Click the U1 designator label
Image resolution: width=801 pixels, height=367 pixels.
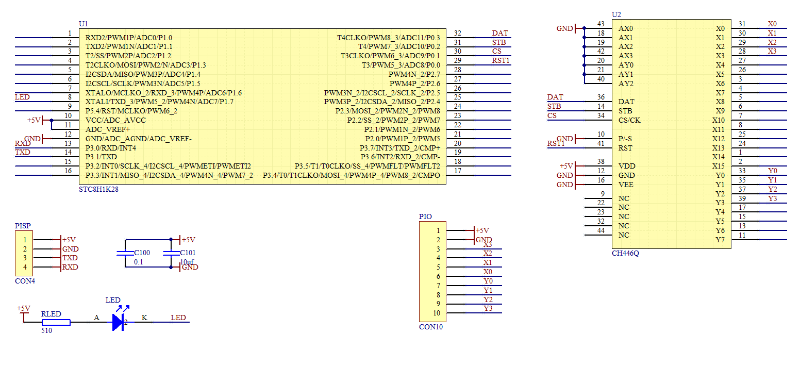pyautogui.click(x=84, y=24)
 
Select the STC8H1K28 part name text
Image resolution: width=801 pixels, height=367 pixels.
pyautogui.click(x=98, y=189)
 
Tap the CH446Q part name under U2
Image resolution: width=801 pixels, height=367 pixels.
pyautogui.click(x=625, y=253)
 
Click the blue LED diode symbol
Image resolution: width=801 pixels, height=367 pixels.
pyautogui.click(x=119, y=322)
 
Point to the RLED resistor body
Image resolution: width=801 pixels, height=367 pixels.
pyautogui.click(x=56, y=322)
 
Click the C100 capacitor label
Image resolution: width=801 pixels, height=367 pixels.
pyautogui.click(x=142, y=253)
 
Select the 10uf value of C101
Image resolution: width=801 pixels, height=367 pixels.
pyautogui.click(x=187, y=262)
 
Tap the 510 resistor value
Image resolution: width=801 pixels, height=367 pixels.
pyautogui.click(x=46, y=330)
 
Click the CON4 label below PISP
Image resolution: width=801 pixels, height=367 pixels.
pyautogui.click(x=25, y=281)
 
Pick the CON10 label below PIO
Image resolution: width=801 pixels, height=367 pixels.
pyautogui.click(x=431, y=327)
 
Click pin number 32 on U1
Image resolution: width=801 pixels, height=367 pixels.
pyautogui.click(x=458, y=34)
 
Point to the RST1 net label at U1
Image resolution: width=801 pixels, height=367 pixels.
pyautogui.click(x=500, y=60)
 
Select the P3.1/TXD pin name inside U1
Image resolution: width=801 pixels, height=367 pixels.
pyautogui.click(x=101, y=157)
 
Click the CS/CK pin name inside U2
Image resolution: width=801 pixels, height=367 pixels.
pyautogui.click(x=629, y=120)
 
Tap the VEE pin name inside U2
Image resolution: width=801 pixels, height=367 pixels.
pyautogui.click(x=626, y=185)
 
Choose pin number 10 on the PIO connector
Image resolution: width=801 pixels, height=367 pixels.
pyautogui.click(x=437, y=313)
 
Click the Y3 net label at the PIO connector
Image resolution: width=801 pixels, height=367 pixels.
pyautogui.click(x=488, y=308)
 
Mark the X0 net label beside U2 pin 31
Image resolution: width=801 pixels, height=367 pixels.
pyautogui.click(x=772, y=24)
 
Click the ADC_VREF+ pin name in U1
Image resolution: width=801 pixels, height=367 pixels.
pyautogui.click(x=108, y=129)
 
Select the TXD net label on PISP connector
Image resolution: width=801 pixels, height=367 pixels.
pyautogui.click(x=70, y=258)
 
